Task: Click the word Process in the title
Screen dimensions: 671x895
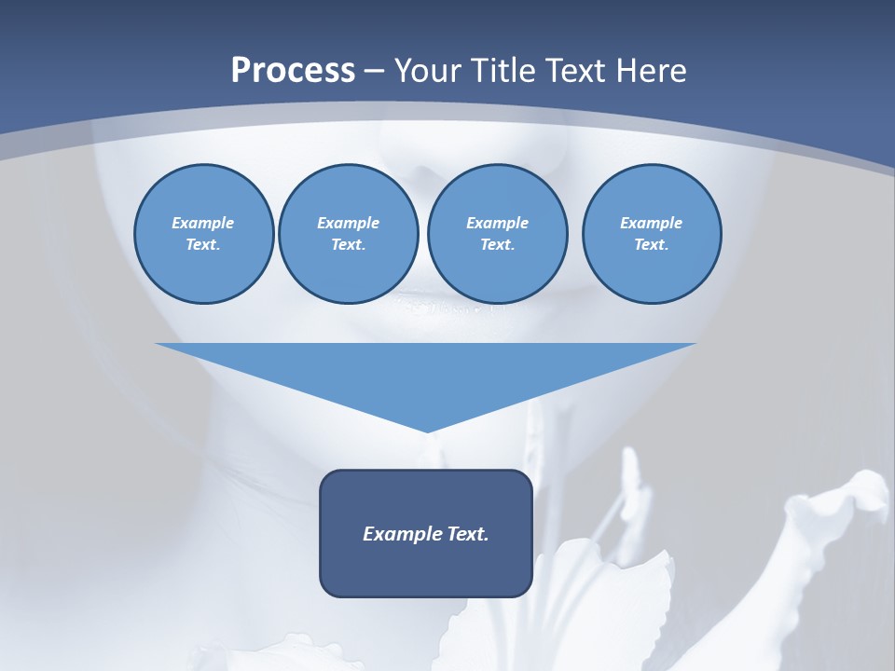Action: point(293,70)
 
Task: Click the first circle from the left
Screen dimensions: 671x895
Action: point(203,234)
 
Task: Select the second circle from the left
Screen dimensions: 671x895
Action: point(348,234)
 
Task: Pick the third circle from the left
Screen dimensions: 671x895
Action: point(497,234)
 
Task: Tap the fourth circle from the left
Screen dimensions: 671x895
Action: point(651,234)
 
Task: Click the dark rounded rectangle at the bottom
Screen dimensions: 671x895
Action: point(426,533)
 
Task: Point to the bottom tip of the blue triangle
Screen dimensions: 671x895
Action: point(427,431)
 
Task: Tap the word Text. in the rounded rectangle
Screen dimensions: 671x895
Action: point(469,534)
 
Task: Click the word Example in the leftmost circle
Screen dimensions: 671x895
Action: point(203,223)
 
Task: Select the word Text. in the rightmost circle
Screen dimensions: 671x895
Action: point(651,245)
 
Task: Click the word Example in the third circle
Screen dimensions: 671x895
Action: point(497,223)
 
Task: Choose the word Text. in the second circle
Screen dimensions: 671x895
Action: point(348,245)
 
